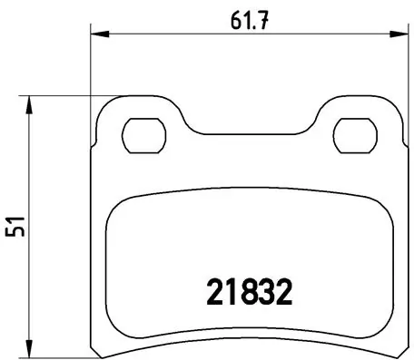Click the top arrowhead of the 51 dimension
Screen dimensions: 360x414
[33, 100]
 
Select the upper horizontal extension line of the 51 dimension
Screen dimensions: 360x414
[64, 94]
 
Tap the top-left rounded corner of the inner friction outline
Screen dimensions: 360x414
[115, 206]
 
